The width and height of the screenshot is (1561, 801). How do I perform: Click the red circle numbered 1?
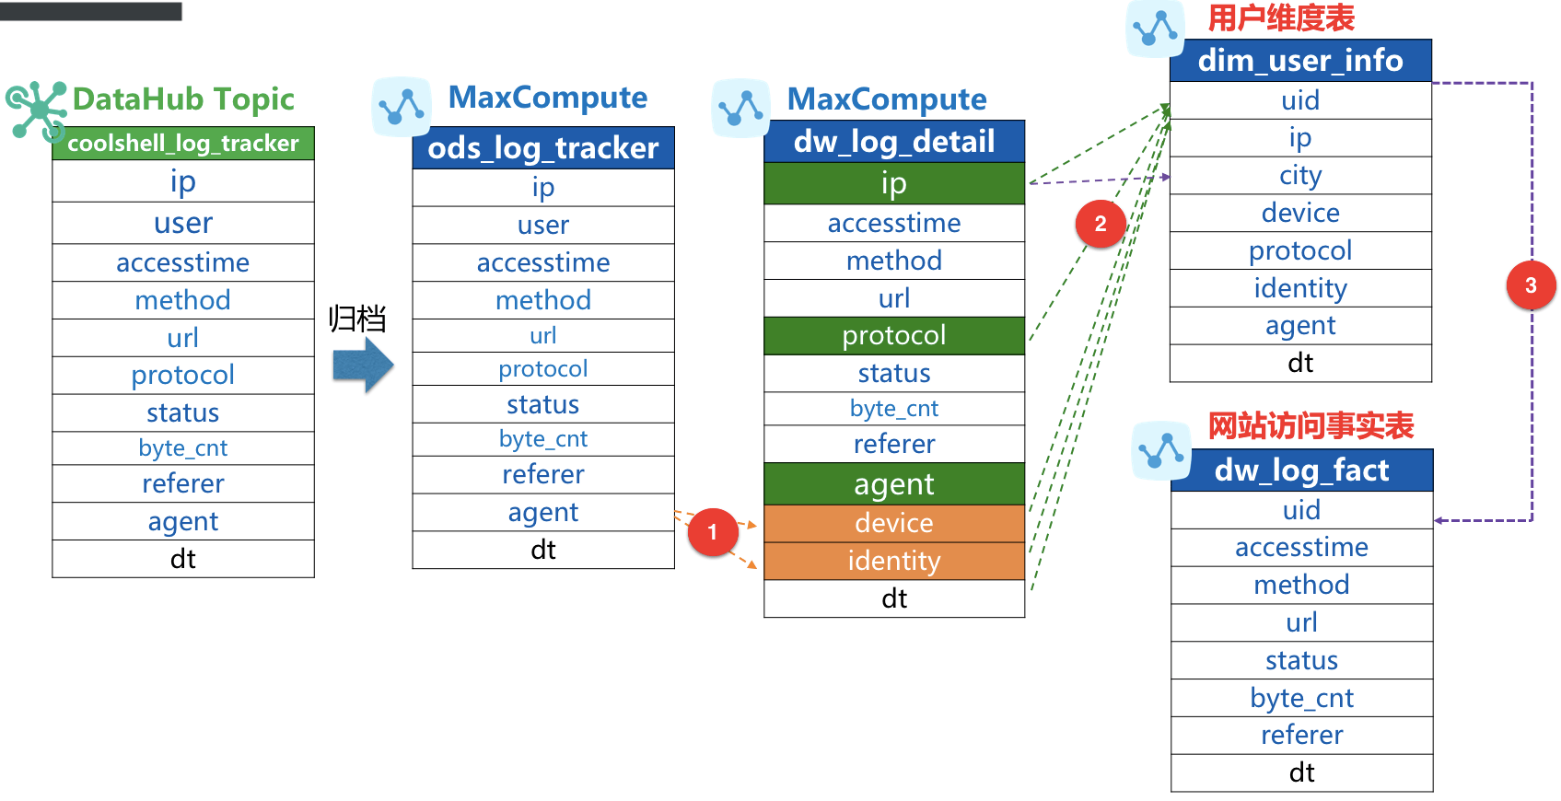coord(712,532)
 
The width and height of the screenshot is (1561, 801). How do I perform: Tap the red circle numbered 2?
coord(1101,224)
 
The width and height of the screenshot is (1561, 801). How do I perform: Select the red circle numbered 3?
coord(1531,285)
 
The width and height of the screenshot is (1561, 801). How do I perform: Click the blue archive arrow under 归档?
coord(363,365)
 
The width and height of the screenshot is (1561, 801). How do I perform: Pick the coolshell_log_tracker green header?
coord(183,144)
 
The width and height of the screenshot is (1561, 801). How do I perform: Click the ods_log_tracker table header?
coord(543,148)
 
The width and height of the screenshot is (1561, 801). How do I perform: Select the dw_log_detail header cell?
coord(894,142)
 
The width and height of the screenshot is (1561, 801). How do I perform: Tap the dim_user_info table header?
coord(1300,61)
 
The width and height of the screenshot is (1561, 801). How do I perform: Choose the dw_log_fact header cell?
coord(1301,470)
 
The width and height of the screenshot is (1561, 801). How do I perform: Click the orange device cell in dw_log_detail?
coord(894,523)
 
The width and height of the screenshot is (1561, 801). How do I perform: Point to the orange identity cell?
coord(894,561)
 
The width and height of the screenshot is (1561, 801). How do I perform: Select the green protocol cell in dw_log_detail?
coord(894,335)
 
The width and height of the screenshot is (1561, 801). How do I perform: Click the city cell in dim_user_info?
coord(1300,175)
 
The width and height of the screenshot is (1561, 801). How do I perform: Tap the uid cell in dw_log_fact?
coord(1301,510)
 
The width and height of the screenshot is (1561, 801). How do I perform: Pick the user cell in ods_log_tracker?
coord(543,225)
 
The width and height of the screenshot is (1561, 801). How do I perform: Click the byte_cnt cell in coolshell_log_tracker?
coord(183,448)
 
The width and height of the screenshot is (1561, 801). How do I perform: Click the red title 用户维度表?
coord(1281,17)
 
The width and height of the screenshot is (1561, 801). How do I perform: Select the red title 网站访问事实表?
coord(1311,426)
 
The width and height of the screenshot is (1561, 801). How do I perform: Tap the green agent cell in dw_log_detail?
coord(894,484)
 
